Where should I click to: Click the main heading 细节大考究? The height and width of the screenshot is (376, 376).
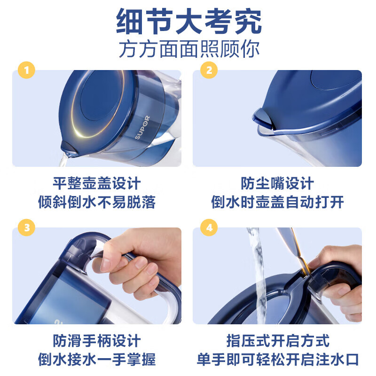pos(189,21)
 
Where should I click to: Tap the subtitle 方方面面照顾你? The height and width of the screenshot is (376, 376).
pos(189,49)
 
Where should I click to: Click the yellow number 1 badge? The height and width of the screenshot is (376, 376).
pos(26,70)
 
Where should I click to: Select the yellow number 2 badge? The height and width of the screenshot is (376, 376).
pos(209,70)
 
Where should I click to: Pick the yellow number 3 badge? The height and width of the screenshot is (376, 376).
pos(26,227)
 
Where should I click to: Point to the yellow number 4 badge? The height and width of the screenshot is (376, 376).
pos(209,227)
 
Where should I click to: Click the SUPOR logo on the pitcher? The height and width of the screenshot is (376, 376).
pos(142,127)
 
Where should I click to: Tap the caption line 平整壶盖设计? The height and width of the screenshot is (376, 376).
pos(97,183)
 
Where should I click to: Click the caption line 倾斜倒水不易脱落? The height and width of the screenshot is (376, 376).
pos(97,202)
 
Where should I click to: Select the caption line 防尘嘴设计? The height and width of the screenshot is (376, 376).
pos(277,183)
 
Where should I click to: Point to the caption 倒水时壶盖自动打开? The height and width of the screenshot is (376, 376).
pos(277,202)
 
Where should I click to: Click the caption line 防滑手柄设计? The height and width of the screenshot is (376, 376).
pos(97,341)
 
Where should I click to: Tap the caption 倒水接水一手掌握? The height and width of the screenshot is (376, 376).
pos(97,359)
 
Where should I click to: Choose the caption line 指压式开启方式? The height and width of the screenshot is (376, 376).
pos(278,341)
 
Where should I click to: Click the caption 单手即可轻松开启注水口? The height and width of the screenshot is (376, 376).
pos(278,359)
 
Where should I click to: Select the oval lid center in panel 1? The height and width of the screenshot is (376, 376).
pos(101,95)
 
